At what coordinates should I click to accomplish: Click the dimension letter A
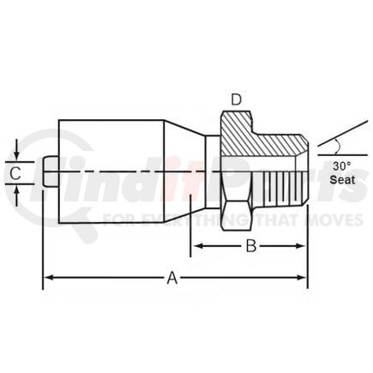tap(172, 278)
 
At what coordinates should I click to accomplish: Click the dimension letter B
tap(251, 246)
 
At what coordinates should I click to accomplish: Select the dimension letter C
tap(15, 173)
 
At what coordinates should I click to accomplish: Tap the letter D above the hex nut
tap(237, 99)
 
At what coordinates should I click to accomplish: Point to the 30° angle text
tap(340, 165)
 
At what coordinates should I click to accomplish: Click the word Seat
tap(342, 180)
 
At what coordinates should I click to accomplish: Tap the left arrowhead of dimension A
tap(49, 277)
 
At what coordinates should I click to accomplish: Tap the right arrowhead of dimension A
tap(301, 277)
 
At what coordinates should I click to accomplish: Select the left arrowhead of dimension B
tap(197, 246)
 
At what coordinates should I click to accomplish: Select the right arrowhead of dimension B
tap(300, 246)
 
